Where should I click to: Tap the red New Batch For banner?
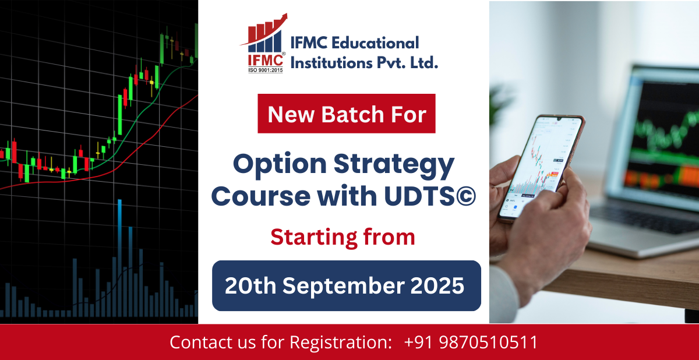(x=347, y=114)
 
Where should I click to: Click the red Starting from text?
(x=343, y=237)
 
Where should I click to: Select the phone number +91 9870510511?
(x=471, y=343)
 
